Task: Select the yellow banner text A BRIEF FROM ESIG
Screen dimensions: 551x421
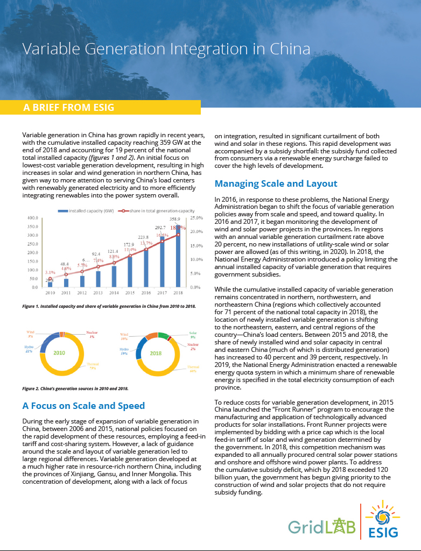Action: click(68, 107)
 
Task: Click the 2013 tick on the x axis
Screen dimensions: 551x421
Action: click(97, 293)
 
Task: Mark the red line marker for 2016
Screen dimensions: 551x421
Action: click(145, 249)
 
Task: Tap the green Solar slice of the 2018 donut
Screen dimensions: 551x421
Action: click(165, 336)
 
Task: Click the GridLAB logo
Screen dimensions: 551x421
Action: click(322, 527)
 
